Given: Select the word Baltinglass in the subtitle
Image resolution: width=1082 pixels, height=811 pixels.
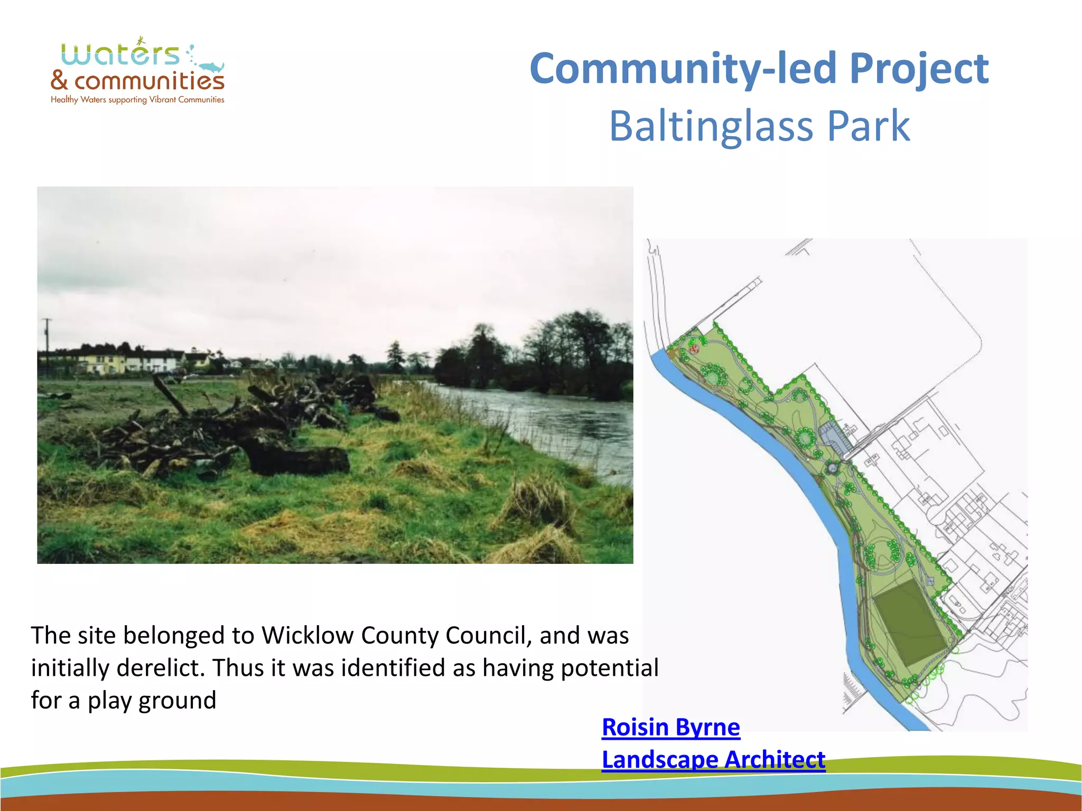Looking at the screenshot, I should (x=711, y=127).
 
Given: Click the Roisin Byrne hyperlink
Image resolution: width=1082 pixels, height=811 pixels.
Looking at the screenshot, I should (x=670, y=727).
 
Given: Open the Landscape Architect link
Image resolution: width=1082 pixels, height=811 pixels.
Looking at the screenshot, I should (x=713, y=760).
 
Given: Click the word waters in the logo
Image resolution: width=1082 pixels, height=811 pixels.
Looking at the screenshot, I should (x=120, y=54).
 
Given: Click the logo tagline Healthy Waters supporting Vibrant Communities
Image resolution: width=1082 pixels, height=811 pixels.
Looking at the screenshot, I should (x=137, y=100).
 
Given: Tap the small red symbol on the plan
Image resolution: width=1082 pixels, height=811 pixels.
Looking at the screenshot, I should (x=695, y=348).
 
